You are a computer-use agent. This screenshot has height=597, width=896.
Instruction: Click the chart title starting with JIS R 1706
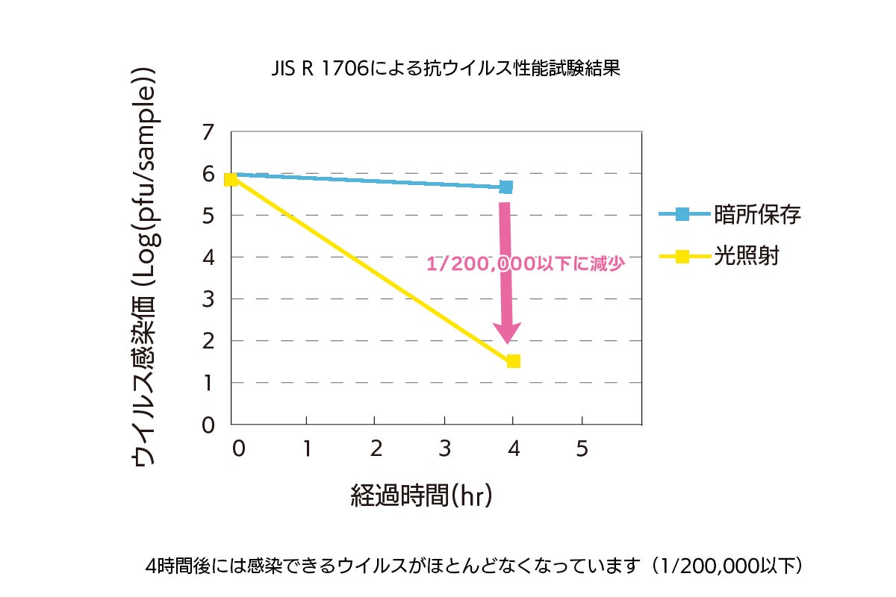coord(446,69)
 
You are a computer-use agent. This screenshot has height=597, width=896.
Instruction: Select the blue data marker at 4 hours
coord(506,187)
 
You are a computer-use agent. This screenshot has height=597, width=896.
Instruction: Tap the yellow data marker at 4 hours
coord(513,361)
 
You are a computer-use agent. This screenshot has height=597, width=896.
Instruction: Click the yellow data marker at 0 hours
coord(231,179)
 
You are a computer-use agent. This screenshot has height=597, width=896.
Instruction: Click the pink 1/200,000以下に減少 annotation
coord(525,263)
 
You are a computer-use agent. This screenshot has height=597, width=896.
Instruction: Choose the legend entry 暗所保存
coord(757,215)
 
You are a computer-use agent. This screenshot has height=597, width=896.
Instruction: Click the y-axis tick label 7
coord(208,133)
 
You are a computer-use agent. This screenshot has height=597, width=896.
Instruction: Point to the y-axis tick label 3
coord(208,299)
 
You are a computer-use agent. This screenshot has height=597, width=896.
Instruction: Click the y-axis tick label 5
coord(208,216)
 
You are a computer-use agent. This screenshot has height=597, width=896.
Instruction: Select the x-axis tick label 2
coord(376,448)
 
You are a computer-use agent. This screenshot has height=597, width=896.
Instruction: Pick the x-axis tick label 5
coord(582,448)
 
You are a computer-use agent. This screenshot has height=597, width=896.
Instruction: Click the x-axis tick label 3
coord(444,448)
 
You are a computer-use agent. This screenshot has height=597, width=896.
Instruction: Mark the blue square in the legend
coord(682,215)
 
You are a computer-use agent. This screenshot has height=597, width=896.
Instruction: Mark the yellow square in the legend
coord(682,257)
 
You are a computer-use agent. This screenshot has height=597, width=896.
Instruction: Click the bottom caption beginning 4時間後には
coord(475,565)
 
